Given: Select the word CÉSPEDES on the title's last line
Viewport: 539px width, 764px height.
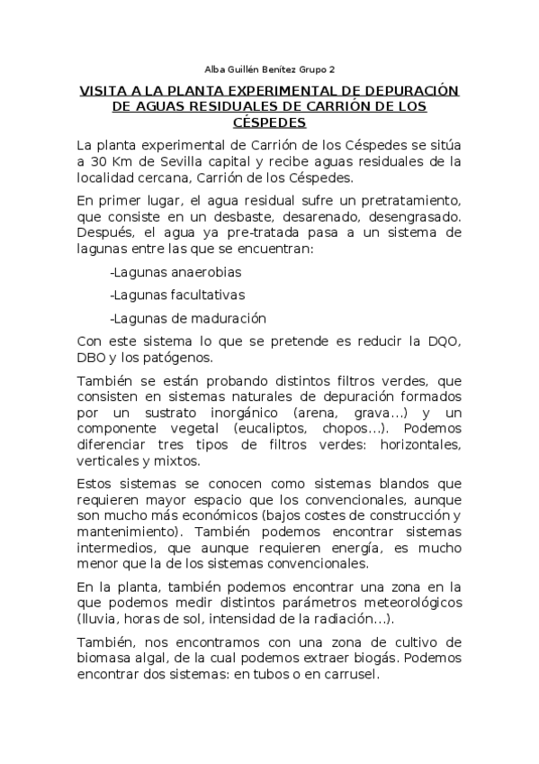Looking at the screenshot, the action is click(269, 122).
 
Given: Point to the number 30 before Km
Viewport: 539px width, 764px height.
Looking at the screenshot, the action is click(98, 161).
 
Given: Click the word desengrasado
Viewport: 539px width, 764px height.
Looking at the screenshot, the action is click(414, 217).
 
